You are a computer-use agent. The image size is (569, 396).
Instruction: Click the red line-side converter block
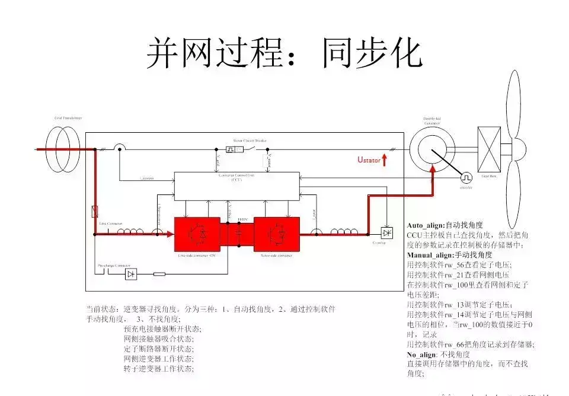pos(196,234)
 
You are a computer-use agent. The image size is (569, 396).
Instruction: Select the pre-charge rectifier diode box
pos(130,274)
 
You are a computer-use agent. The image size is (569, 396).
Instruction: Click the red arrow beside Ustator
pos(385,159)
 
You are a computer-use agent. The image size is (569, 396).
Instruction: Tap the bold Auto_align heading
pos(426,225)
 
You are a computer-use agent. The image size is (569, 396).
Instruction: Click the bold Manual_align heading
pos(430,254)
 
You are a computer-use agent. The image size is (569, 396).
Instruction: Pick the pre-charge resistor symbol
pos(159,274)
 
